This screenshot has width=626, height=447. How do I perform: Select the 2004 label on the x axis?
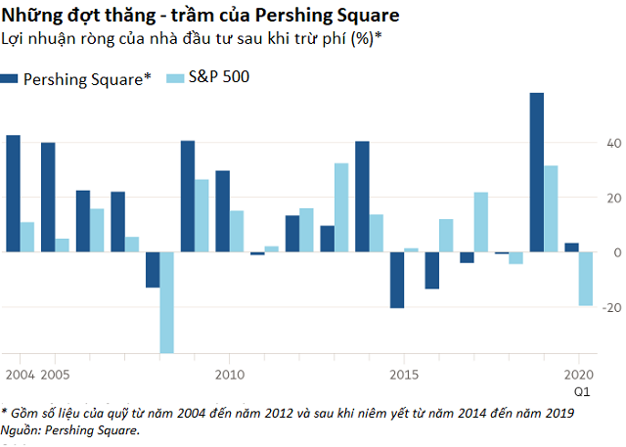[x=18, y=375]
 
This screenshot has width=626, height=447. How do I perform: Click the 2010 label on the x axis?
[x=229, y=375]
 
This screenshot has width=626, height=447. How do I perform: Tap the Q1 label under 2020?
[x=581, y=390]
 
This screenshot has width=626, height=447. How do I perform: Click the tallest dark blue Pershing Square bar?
[x=537, y=172]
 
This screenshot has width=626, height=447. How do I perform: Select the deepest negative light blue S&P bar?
[x=166, y=302]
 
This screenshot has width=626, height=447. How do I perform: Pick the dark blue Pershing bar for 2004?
[x=13, y=194]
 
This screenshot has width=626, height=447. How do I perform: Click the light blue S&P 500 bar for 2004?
[x=27, y=237]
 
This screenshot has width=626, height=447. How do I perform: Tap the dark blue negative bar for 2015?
[x=397, y=280]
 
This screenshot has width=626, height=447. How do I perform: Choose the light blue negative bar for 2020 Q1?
[x=586, y=279]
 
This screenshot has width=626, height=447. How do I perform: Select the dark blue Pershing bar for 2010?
[x=222, y=211]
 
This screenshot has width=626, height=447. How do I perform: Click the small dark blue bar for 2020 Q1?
[x=571, y=247]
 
